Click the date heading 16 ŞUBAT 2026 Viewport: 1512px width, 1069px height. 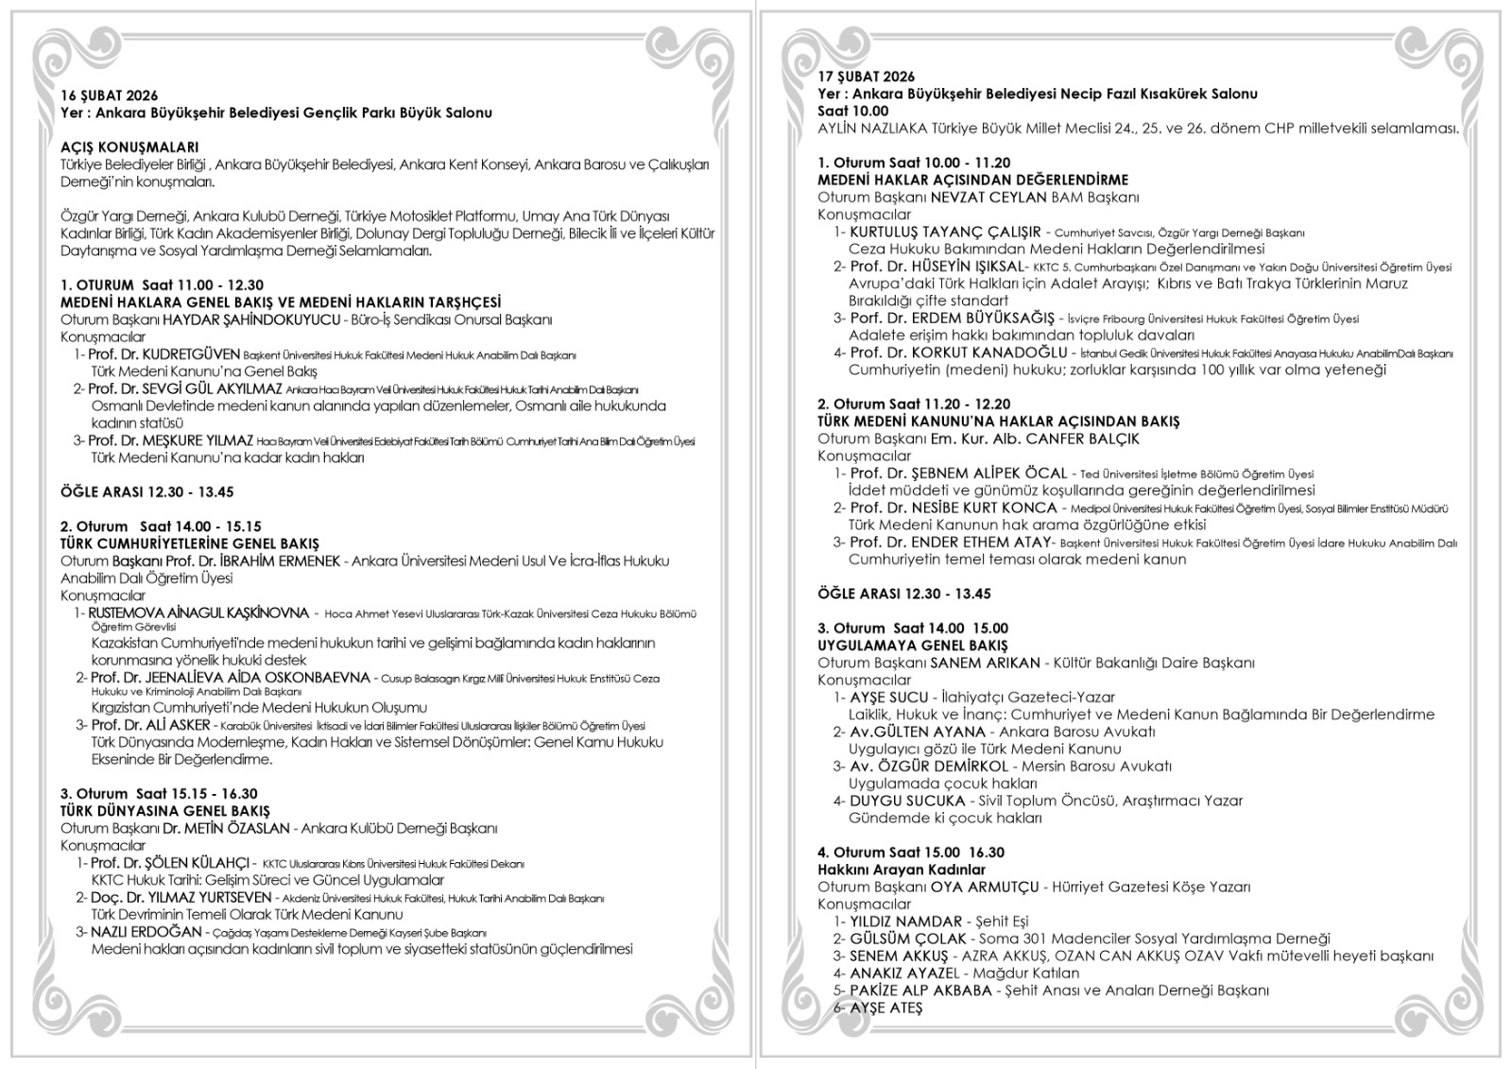click(109, 95)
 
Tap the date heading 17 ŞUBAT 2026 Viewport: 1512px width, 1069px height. click(866, 77)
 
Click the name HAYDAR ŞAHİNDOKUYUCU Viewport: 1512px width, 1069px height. click(250, 319)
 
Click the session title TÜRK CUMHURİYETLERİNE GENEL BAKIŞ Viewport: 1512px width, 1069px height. click(189, 543)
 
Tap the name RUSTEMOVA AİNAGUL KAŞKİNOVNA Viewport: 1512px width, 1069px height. click(198, 612)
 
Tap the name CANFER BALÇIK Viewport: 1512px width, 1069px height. click(1083, 439)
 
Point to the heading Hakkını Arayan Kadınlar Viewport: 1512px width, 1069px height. click(901, 870)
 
